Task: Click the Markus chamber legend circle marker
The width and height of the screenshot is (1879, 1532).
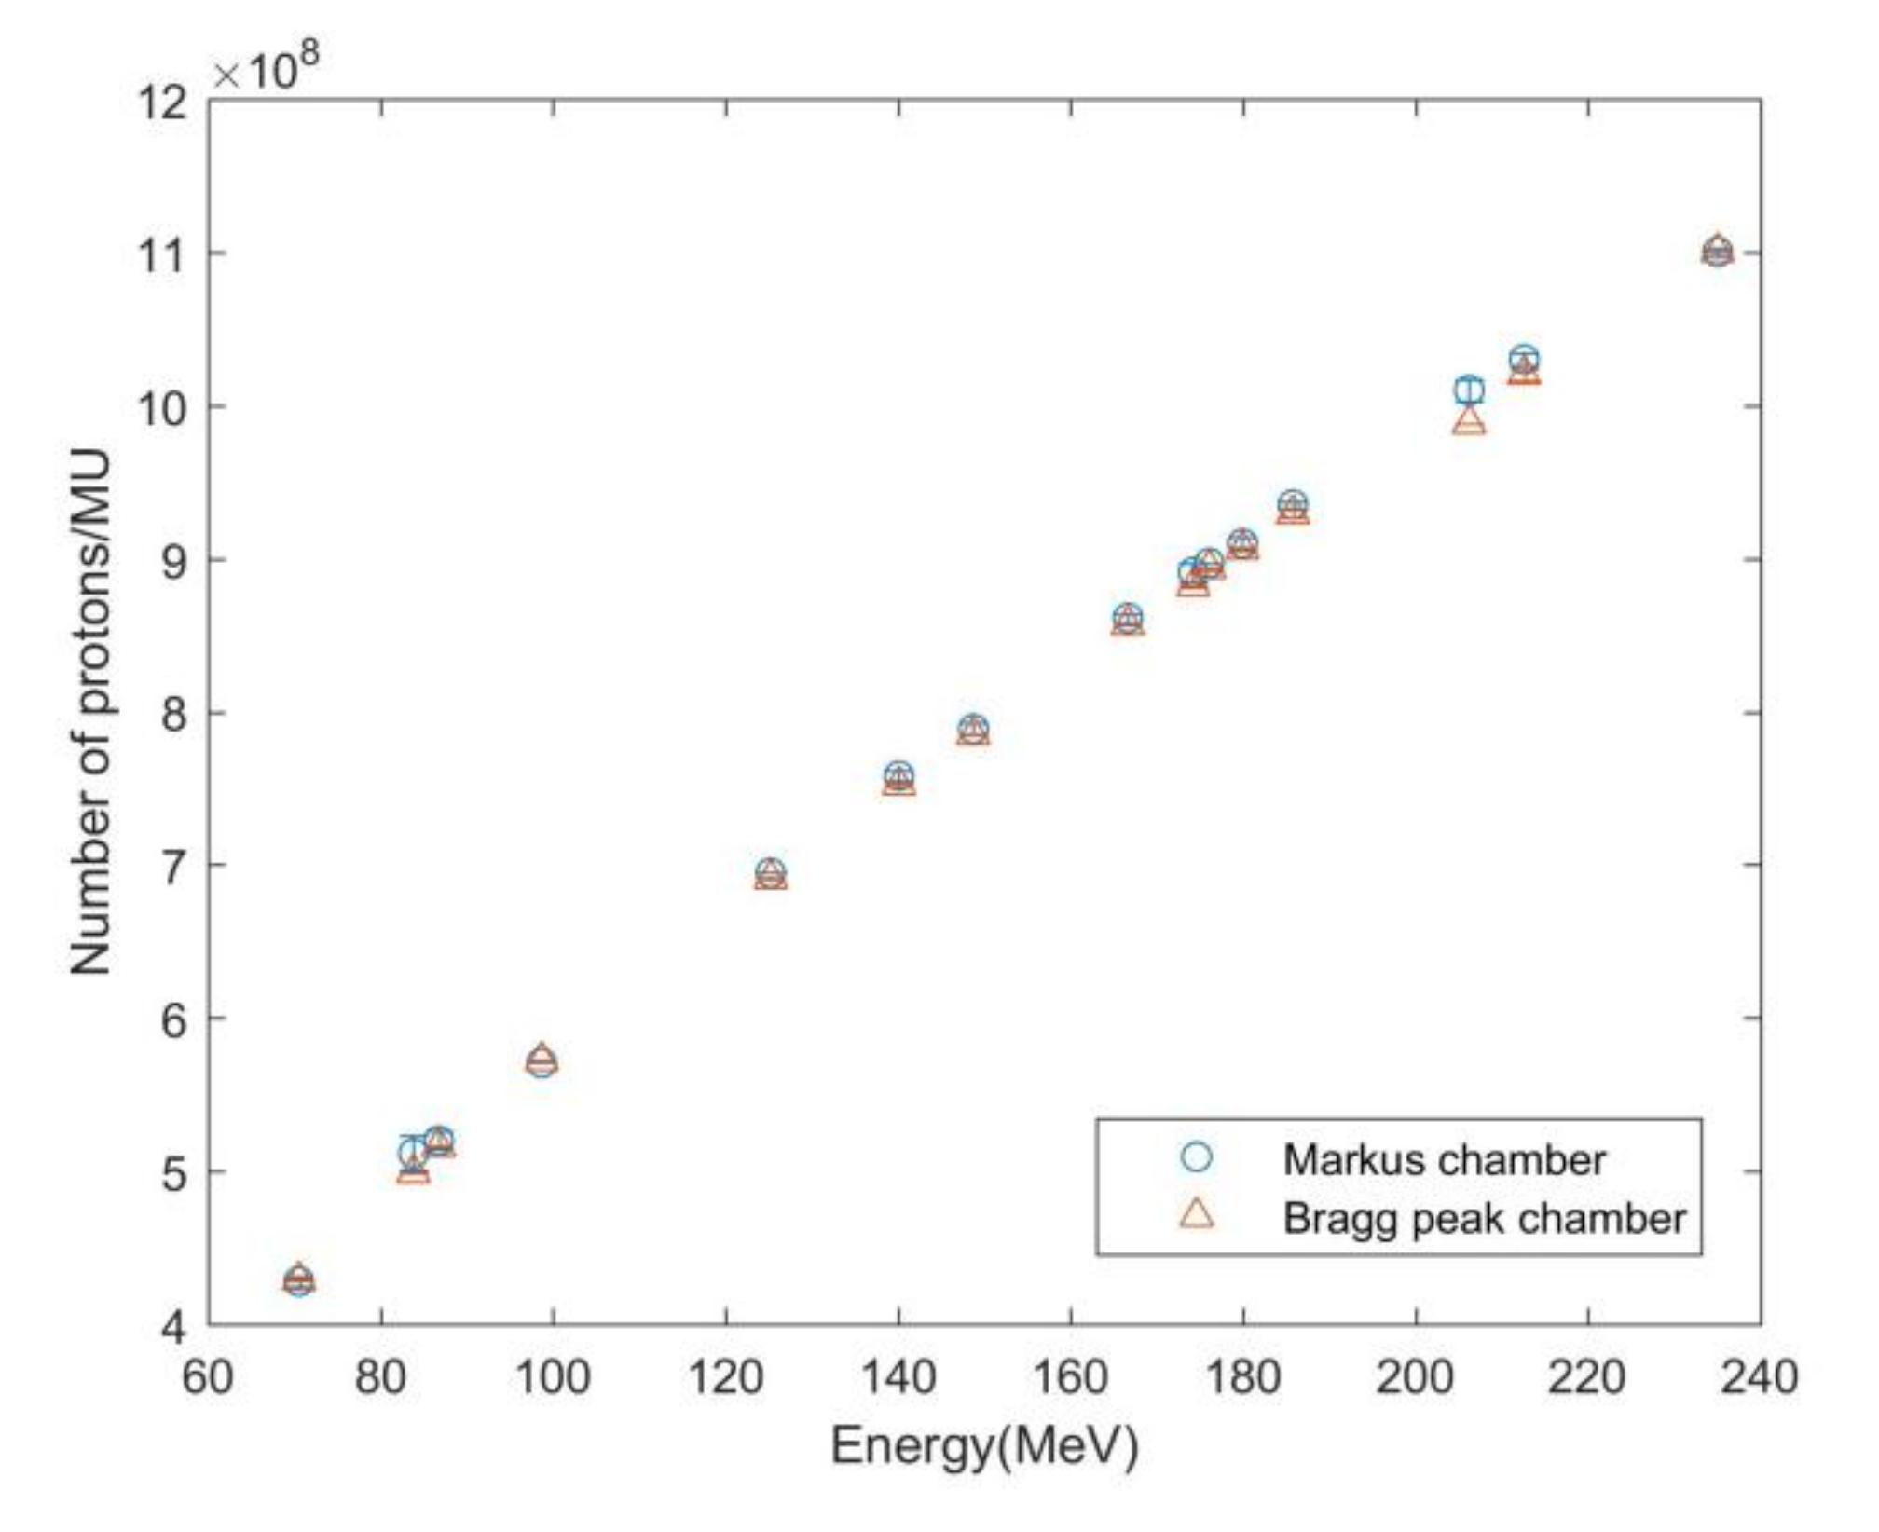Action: tap(1196, 1156)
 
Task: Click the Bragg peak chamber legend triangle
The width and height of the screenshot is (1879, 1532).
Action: tap(1197, 1214)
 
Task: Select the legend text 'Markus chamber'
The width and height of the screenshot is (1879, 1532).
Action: tap(1444, 1159)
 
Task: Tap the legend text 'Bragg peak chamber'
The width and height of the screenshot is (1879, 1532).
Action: tap(1484, 1218)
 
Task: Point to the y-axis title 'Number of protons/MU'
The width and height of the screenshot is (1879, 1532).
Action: tap(91, 713)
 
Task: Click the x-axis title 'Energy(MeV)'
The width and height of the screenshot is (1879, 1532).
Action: tap(984, 1445)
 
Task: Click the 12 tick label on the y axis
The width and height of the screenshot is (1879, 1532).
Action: tap(160, 102)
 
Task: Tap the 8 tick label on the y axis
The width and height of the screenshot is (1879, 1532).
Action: tap(173, 714)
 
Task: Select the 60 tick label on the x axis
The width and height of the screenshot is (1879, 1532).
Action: tap(207, 1376)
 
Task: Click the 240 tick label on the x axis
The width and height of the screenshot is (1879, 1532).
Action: tap(1760, 1376)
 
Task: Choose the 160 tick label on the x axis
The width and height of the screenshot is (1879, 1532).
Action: tap(1070, 1376)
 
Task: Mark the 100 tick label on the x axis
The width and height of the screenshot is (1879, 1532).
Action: tap(553, 1376)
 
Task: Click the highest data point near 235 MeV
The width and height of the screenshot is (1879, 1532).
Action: tap(1717, 251)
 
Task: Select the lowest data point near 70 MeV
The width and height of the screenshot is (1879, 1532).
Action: tap(298, 1281)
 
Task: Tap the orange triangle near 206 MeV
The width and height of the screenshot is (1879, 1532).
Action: tap(1469, 422)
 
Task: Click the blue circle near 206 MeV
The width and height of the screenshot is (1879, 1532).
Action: tap(1469, 390)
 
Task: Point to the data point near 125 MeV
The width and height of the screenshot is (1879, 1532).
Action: tap(770, 874)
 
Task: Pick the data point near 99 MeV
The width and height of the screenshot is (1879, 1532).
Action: tap(542, 1061)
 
